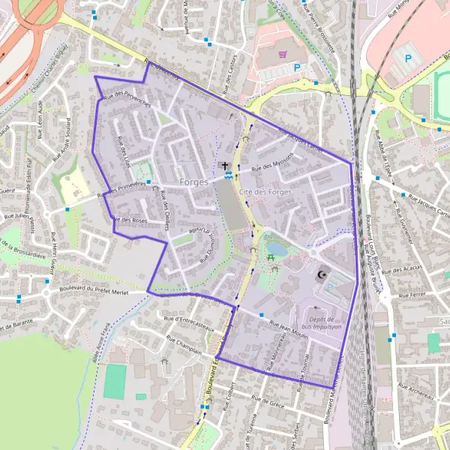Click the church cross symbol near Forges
click(x=223, y=165)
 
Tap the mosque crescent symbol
click(x=323, y=276)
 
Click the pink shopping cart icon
click(x=281, y=54)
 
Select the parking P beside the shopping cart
click(x=298, y=67)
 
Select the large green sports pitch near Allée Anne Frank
click(x=115, y=381)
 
